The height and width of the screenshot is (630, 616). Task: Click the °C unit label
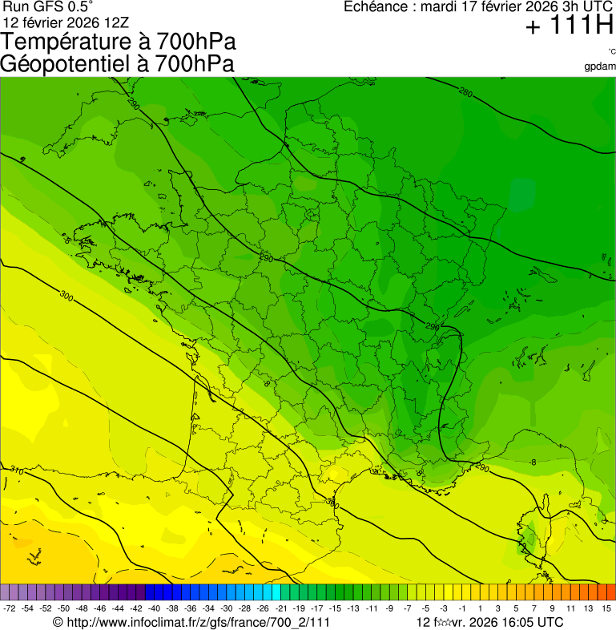[610, 51]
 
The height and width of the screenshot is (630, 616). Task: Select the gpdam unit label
[601, 66]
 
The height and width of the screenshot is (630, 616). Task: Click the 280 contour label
[465, 93]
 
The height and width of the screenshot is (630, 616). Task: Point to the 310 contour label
[16, 470]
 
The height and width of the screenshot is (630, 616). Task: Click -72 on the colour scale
[9, 609]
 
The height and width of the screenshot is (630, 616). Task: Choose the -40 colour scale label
[153, 609]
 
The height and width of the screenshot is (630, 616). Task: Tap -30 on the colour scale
[226, 609]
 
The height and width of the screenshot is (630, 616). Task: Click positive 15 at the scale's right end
[607, 609]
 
